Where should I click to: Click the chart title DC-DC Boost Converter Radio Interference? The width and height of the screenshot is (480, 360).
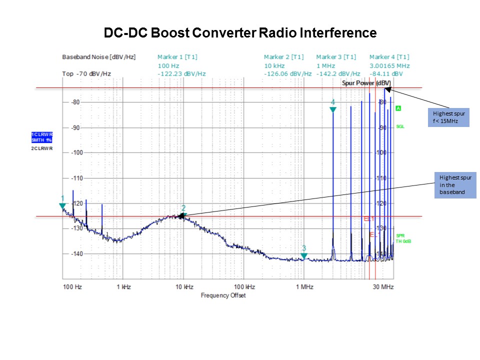tap(240, 33)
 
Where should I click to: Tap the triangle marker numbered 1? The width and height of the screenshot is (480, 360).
tap(62, 205)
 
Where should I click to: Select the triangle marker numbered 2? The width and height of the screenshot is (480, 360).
tap(183, 215)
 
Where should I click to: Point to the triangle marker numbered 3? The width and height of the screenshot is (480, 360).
tap(303, 256)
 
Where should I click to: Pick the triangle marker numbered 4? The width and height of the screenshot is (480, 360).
tap(332, 109)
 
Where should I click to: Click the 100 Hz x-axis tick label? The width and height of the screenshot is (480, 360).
tap(72, 287)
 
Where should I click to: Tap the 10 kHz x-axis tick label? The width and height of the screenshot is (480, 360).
tap(184, 287)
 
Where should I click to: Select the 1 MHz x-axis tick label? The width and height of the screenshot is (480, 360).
tap(304, 287)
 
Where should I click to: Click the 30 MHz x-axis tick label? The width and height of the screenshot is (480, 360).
tap(383, 287)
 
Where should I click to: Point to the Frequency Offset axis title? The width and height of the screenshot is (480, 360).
tap(223, 295)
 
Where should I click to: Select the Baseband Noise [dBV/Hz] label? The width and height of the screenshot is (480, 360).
tap(98, 57)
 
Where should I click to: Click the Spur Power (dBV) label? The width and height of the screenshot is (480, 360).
tap(366, 82)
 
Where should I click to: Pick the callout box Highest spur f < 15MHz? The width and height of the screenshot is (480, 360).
tap(448, 117)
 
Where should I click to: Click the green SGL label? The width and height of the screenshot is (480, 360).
tap(400, 126)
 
